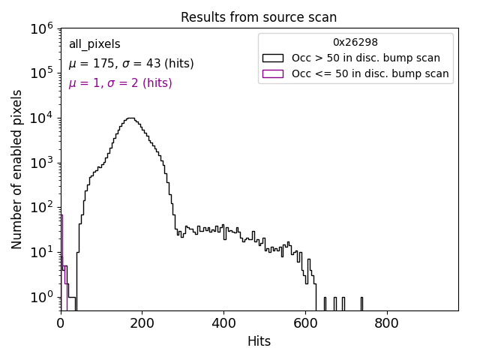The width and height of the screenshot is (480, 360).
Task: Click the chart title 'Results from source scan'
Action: point(259,17)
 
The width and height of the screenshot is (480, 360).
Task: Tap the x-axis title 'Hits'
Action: point(259,341)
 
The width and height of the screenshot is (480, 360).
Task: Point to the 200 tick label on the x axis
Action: point(142,323)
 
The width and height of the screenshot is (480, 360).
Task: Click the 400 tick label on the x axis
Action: point(223,323)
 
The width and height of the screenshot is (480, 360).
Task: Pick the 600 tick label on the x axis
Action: point(305,323)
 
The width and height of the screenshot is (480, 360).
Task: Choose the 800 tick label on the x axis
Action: point(387,323)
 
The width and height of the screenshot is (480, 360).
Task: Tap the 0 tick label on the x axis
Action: point(61,323)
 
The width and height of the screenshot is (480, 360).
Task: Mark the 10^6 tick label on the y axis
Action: point(40,28)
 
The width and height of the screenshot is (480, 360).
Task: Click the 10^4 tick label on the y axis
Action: point(40,118)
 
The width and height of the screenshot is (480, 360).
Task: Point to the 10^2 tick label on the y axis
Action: point(40,208)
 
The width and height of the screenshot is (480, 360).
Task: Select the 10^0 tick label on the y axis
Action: point(40,298)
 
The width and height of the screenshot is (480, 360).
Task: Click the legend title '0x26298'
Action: point(355,43)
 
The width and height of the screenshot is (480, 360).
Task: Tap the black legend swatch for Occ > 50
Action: point(272,58)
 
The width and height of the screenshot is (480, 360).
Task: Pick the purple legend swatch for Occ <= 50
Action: point(272,73)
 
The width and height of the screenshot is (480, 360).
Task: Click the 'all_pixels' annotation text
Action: point(94,44)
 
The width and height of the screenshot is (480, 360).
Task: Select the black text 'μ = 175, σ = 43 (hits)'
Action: point(131,64)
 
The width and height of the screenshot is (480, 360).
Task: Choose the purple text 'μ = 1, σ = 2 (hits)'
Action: point(120,83)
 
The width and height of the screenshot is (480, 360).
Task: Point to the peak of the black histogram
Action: point(131,118)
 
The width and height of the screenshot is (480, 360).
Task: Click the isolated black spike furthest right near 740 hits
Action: point(361,303)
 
